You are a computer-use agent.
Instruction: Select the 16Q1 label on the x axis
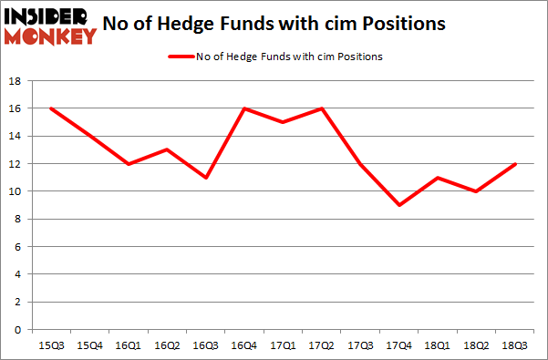click(x=129, y=345)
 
